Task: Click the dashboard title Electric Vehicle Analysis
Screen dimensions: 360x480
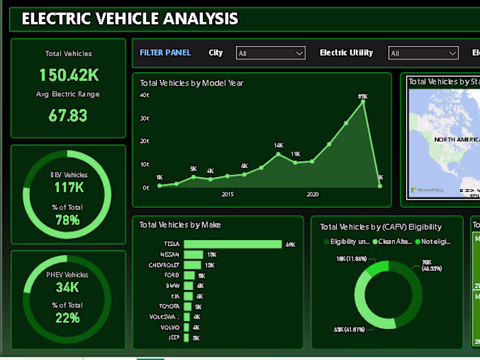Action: click(x=130, y=19)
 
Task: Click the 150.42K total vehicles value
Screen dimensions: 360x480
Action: click(x=68, y=75)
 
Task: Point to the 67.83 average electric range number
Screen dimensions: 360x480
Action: click(x=68, y=115)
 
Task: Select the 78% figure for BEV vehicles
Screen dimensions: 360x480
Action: click(x=68, y=220)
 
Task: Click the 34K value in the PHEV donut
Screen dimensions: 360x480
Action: click(x=68, y=287)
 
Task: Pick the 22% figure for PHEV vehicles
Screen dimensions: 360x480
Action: click(x=68, y=317)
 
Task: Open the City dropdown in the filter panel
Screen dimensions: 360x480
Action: click(x=270, y=53)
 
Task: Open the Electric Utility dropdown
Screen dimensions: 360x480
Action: click(x=423, y=53)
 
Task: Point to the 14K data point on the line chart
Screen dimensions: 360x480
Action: click(x=278, y=153)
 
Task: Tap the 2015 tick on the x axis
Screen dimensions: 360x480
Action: click(x=228, y=195)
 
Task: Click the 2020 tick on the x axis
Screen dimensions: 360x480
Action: click(x=313, y=195)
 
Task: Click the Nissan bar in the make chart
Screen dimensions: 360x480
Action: click(x=195, y=254)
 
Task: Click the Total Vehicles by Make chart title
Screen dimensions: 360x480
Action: click(x=180, y=225)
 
